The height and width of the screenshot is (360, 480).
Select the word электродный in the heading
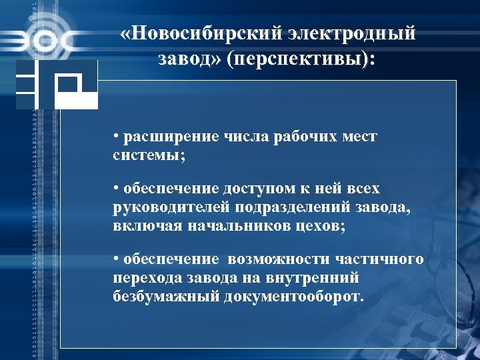353,34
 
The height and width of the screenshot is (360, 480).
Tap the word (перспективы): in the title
301,59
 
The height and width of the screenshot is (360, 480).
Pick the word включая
144,225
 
